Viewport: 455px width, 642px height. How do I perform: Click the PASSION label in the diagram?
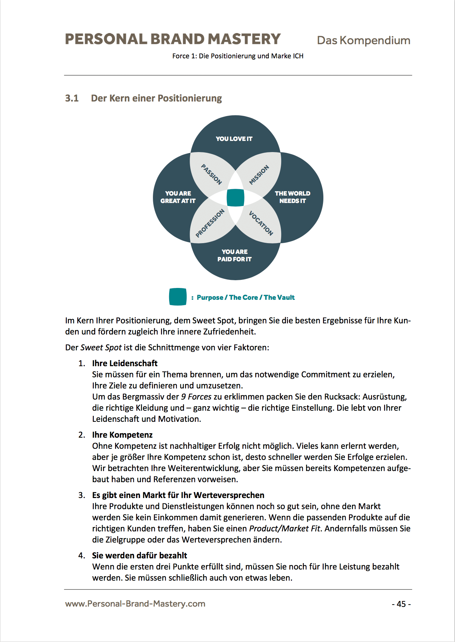pos(212,174)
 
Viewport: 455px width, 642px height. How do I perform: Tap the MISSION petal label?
pos(259,175)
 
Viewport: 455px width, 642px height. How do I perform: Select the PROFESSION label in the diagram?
pos(210,223)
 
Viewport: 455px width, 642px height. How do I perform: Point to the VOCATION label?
pos(261,223)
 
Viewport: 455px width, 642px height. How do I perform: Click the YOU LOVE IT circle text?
pos(234,139)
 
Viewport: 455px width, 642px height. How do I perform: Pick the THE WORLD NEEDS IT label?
pos(292,197)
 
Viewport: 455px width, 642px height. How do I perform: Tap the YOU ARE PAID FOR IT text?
pos(235,255)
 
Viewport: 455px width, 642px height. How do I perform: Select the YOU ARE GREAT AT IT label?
pos(178,197)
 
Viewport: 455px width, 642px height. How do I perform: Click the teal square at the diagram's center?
pos(235,198)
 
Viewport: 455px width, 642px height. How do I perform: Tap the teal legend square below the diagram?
pos(178,297)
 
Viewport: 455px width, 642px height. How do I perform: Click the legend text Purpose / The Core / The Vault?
pos(245,297)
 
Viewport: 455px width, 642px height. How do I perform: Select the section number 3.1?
pos(72,98)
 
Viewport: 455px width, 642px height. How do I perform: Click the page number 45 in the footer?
pos(401,604)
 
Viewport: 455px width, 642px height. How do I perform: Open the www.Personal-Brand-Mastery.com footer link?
pos(135,604)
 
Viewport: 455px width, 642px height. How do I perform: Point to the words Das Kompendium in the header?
pos(364,40)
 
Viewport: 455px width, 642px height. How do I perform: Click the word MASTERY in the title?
pos(244,39)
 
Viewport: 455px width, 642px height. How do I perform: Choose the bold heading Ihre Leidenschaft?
pos(125,363)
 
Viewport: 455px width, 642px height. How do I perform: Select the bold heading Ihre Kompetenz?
pos(122,435)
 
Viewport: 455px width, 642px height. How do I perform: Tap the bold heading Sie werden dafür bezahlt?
pos(139,555)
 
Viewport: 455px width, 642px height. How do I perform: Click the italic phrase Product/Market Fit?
pos(285,528)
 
